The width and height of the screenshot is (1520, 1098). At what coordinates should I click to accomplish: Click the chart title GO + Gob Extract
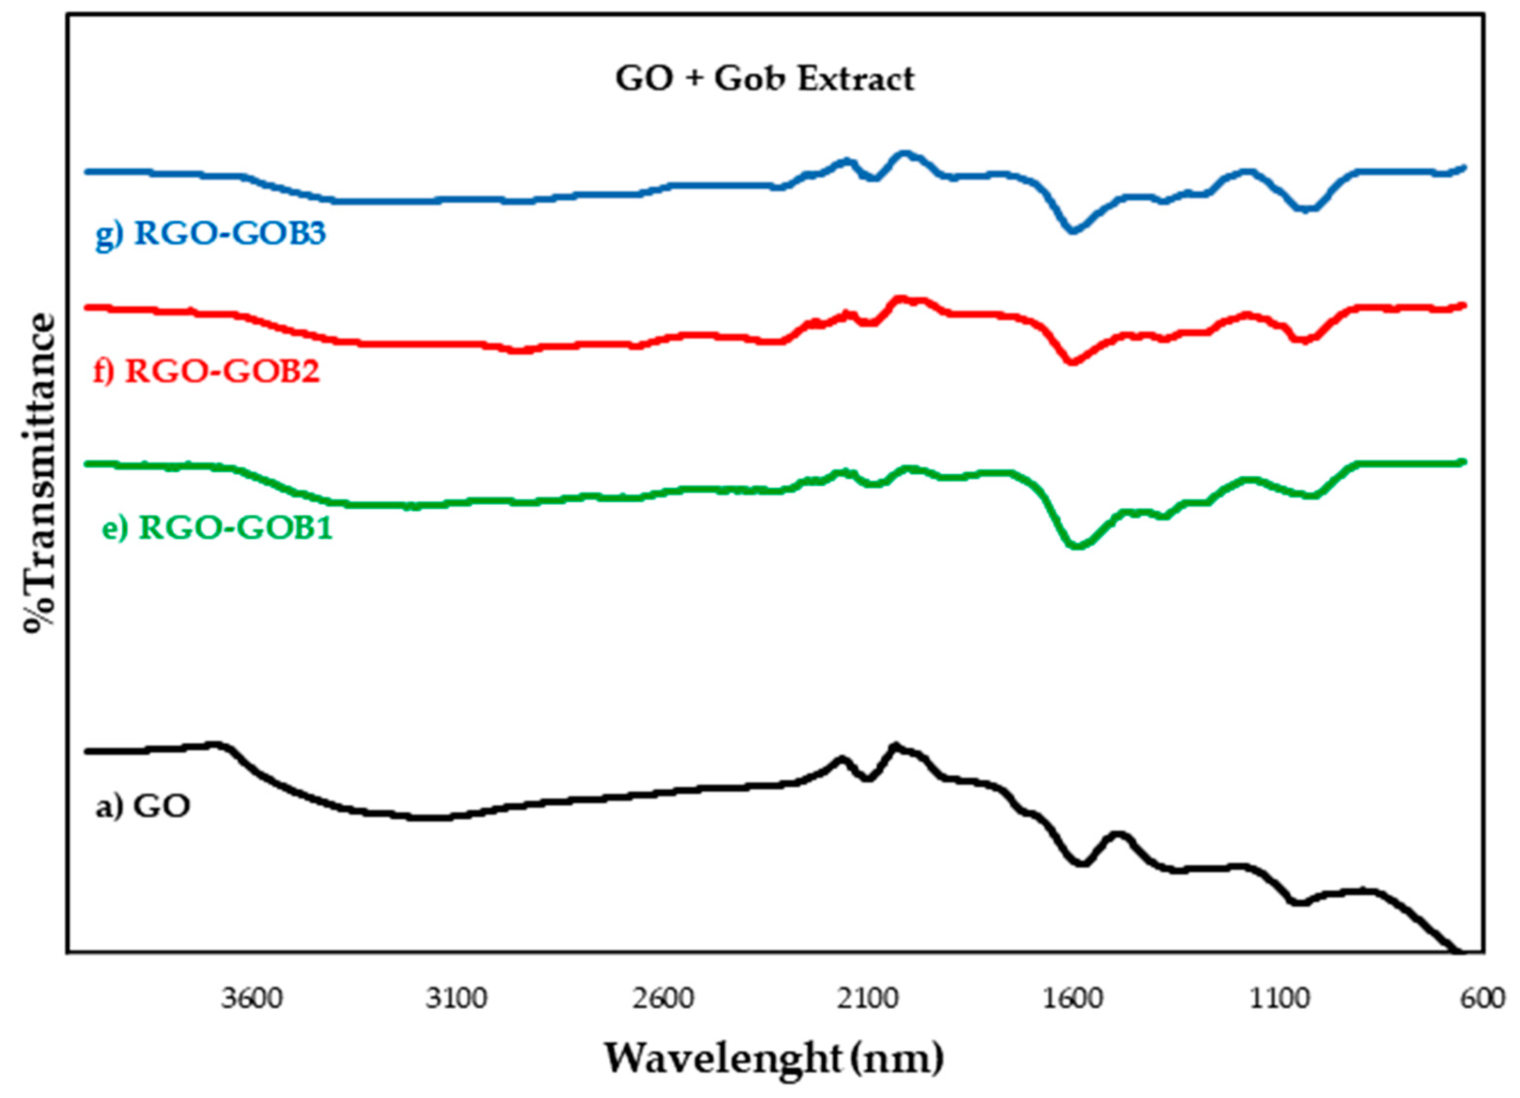coord(765,79)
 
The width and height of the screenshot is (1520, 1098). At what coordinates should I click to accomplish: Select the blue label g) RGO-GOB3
coord(211,234)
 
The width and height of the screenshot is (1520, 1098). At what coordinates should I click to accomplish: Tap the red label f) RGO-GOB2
coord(207,371)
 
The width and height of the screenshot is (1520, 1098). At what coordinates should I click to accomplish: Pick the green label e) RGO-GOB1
coord(217,528)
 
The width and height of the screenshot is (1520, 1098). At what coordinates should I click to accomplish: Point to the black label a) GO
coord(143,806)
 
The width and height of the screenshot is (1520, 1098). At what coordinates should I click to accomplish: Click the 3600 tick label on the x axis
coord(253,999)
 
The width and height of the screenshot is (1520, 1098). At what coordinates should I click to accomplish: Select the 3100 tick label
coord(457,999)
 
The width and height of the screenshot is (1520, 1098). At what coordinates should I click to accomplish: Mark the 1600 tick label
coord(1073,999)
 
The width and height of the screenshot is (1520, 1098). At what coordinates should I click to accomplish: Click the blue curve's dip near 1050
coord(1306,209)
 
